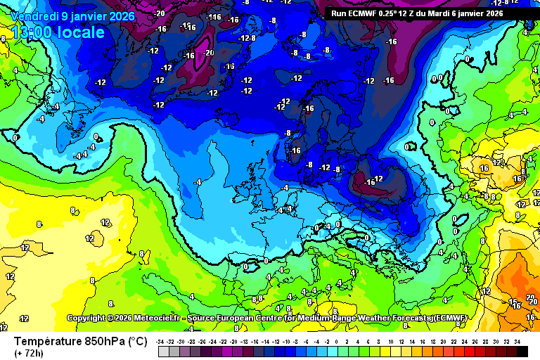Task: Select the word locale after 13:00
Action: click(82, 32)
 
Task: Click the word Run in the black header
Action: click(338, 13)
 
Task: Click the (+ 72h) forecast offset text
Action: click(29, 353)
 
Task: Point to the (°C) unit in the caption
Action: click(137, 341)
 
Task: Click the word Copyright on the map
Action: click(86, 319)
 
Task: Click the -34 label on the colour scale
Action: click(161, 341)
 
